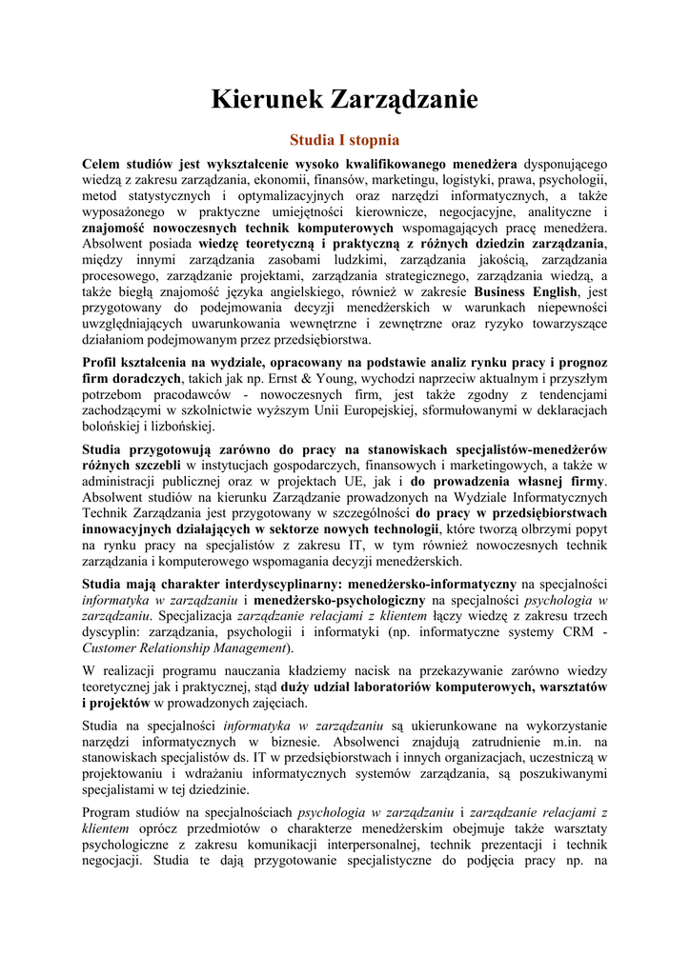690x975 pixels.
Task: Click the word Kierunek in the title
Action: [x=266, y=99]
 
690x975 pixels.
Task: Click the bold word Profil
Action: [x=102, y=363]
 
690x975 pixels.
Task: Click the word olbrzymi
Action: [x=520, y=528]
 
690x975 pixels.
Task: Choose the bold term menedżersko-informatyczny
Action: [x=434, y=583]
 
